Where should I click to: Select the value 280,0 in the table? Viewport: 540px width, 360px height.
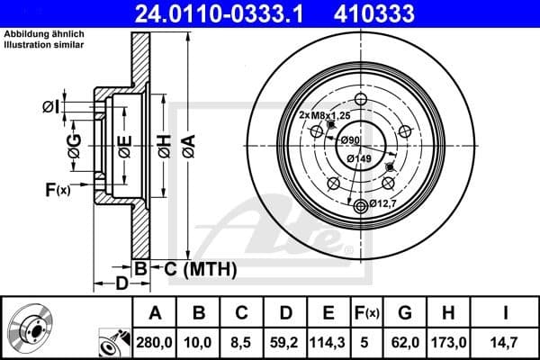(156, 342)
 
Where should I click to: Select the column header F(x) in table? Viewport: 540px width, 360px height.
(367, 313)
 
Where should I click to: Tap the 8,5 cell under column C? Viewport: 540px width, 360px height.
(240, 342)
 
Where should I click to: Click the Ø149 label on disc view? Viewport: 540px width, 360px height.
(360, 159)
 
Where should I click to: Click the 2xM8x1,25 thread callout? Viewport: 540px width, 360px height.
(324, 115)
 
